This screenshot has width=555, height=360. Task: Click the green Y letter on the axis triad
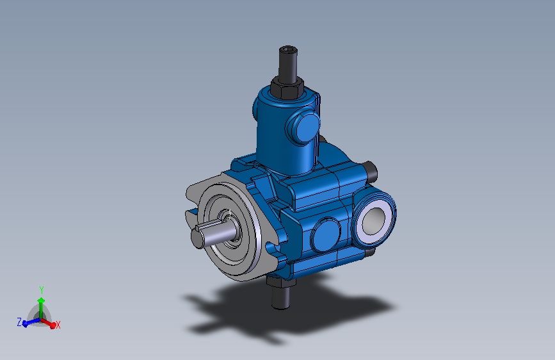[41, 290]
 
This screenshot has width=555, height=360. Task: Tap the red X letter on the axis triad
[58, 325]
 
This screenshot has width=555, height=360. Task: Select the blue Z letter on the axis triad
[19, 321]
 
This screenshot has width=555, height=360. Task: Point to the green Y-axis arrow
[41, 304]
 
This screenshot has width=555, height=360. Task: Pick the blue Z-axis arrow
[29, 323]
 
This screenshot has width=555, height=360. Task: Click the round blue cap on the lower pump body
[326, 236]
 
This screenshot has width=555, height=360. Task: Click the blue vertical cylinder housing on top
[275, 135]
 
